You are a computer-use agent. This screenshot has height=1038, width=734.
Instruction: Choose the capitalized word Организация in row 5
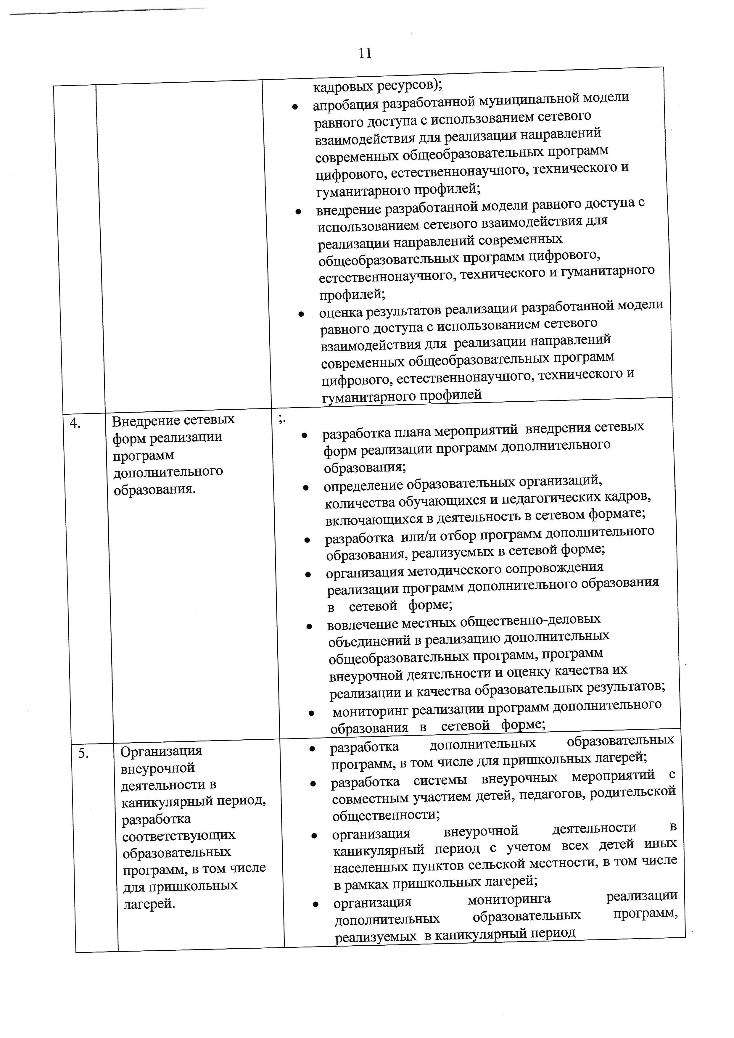161,751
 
